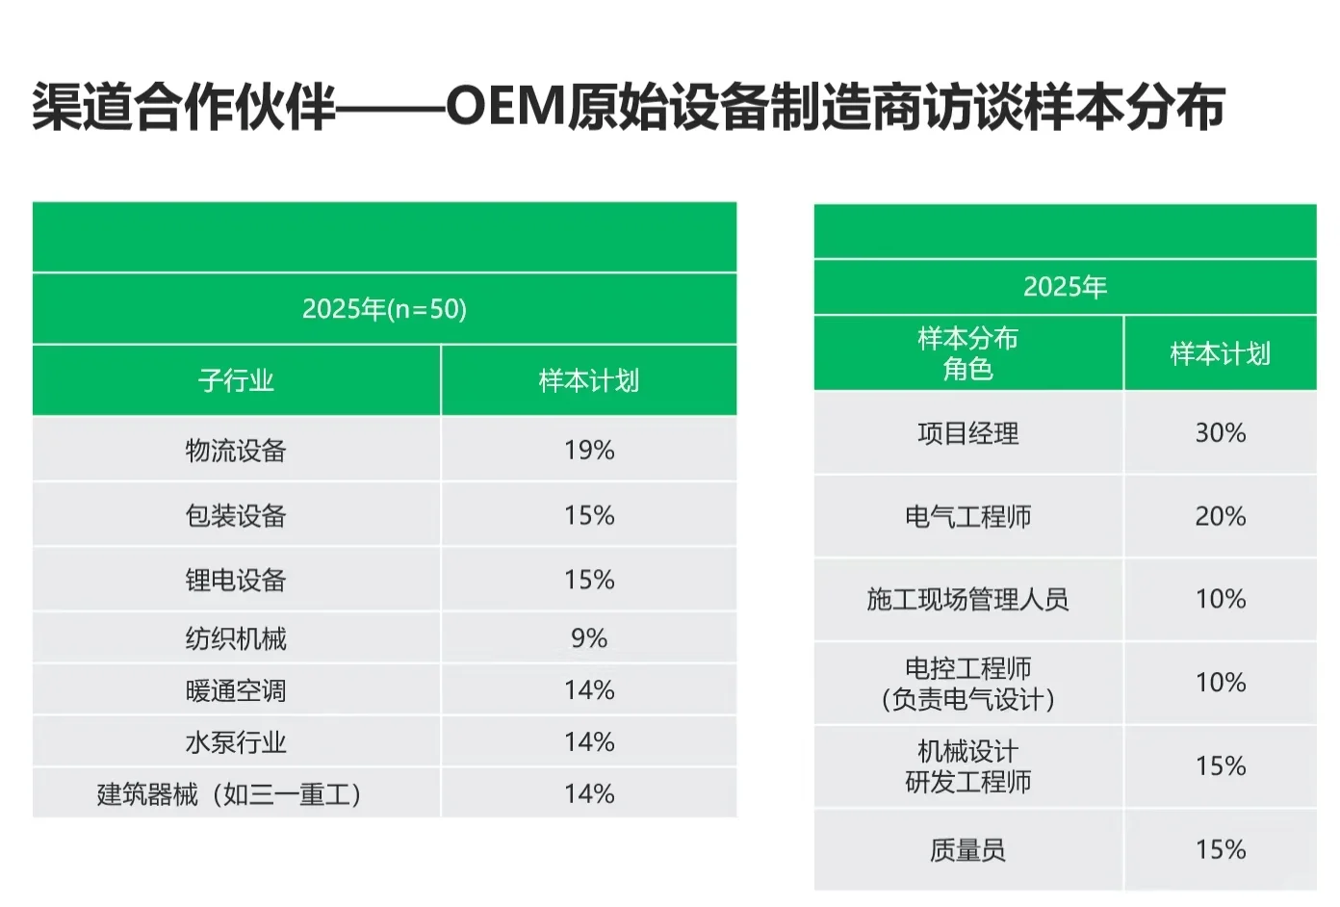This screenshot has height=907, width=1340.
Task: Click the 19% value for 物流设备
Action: click(x=589, y=450)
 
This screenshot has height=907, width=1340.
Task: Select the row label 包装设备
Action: click(x=236, y=515)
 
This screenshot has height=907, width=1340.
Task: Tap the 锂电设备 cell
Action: click(x=236, y=580)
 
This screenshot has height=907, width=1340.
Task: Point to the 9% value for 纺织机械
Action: click(x=589, y=638)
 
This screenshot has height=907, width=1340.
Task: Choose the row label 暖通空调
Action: click(x=236, y=690)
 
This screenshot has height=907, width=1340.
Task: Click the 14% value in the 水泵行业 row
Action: click(x=589, y=742)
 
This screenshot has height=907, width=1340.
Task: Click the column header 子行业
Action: click(x=236, y=380)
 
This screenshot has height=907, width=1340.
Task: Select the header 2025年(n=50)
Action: click(x=384, y=309)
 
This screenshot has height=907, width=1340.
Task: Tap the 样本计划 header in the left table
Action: click(x=589, y=380)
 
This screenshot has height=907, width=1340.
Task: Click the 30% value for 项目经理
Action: click(x=1220, y=433)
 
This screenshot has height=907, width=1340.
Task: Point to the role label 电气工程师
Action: click(x=967, y=517)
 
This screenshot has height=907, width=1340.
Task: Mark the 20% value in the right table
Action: click(x=1220, y=517)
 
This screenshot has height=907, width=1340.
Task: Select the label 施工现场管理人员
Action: click(x=967, y=600)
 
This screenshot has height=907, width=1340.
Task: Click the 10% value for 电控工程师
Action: click(x=1220, y=683)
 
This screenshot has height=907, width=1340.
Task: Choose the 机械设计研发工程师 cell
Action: click(x=967, y=766)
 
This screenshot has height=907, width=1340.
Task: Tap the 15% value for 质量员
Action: click(x=1220, y=849)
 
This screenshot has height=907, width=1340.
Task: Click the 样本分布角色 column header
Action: click(x=967, y=353)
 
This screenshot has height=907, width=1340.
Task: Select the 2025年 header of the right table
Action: click(x=1065, y=287)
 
